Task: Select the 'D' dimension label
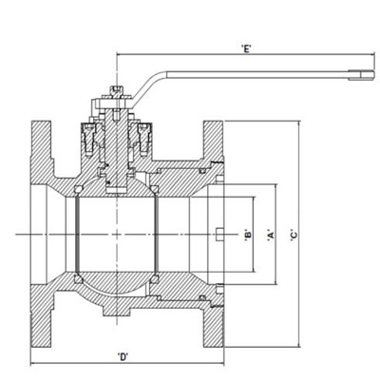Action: point(123,358)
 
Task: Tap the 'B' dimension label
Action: point(247,234)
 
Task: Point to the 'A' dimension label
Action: point(272,234)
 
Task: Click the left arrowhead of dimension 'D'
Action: point(34,365)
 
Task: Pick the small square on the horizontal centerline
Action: point(220,234)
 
